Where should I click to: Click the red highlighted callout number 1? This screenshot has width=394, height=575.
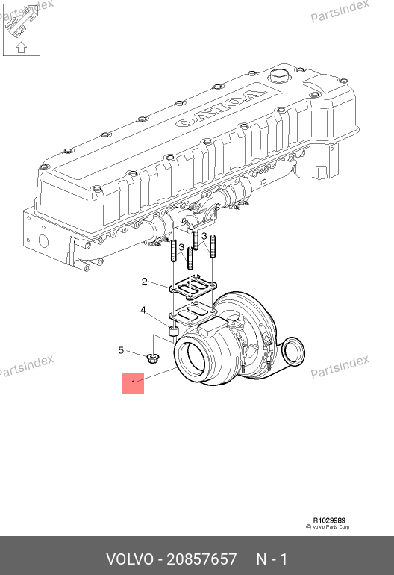point(134,383)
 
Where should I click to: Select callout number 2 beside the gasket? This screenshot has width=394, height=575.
point(145,282)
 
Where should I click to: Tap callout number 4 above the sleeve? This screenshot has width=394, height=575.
point(143,310)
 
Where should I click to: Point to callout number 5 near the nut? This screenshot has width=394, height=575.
point(121,350)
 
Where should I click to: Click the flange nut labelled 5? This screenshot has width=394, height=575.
point(152,358)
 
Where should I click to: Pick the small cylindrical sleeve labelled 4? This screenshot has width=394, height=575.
point(172,330)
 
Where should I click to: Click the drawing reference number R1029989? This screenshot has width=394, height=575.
point(329,520)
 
